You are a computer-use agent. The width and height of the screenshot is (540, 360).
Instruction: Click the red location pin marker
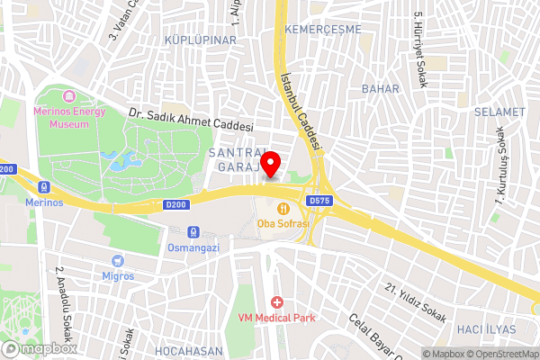point(270,166)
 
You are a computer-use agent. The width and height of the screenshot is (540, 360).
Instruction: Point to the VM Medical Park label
point(275,317)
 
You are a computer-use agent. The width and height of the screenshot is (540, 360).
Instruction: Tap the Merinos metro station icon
point(43,188)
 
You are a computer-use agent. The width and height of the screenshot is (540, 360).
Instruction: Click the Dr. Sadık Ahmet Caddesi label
point(191,121)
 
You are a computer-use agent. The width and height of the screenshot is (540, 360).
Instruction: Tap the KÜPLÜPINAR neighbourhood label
point(201,40)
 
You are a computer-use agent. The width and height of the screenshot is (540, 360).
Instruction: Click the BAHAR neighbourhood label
point(380,88)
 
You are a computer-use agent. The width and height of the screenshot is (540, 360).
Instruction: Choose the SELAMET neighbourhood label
point(500,112)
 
